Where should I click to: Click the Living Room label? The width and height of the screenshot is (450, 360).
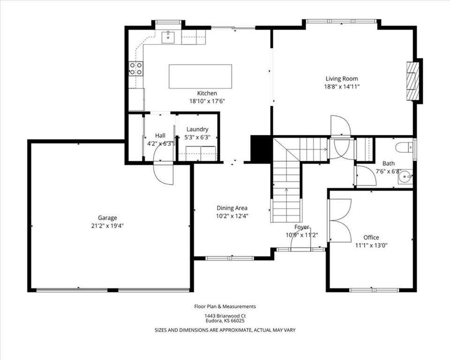(x=342, y=78)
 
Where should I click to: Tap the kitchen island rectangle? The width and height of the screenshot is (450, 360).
(x=200, y=76)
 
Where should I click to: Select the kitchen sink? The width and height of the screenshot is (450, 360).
(x=168, y=37)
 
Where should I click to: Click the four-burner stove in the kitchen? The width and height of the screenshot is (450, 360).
(x=136, y=68)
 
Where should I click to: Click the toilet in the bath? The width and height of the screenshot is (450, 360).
(x=404, y=148)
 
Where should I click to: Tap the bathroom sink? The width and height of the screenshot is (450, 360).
(x=405, y=176)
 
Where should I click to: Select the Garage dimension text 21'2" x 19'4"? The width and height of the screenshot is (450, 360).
(x=108, y=226)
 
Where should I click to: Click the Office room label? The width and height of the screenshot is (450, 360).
(x=371, y=237)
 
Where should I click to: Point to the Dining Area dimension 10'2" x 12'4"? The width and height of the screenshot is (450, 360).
(x=232, y=216)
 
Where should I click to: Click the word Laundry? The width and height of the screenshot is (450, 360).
(x=197, y=129)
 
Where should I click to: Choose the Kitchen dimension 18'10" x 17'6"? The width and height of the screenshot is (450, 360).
(x=207, y=101)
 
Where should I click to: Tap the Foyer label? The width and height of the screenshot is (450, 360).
(x=301, y=227)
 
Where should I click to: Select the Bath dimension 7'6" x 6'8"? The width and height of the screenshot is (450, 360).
(x=389, y=172)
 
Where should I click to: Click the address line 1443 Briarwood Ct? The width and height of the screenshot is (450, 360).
(x=225, y=316)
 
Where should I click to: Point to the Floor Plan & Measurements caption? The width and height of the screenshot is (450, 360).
(x=225, y=307)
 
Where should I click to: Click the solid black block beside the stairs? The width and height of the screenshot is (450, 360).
(x=261, y=149)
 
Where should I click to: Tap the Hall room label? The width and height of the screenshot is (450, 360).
(x=160, y=135)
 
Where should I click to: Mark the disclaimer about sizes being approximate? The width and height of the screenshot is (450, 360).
(x=225, y=330)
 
